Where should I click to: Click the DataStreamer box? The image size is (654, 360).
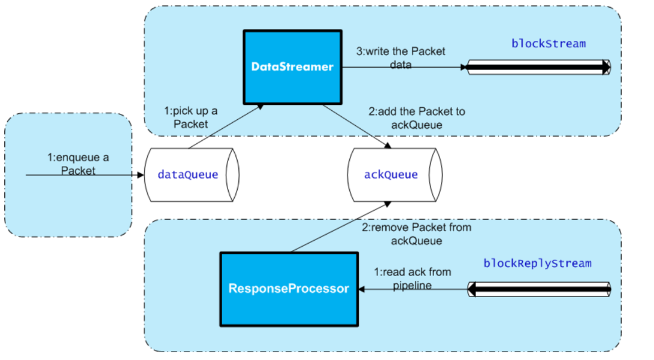coord(293,67)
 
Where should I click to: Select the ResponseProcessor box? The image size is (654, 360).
coord(289,289)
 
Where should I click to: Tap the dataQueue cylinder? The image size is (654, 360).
coord(192,175)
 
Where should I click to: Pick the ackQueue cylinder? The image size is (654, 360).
coord(395,175)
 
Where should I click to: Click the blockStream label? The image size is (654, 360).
coord(549,43)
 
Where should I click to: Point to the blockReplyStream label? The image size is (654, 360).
coord(537,263)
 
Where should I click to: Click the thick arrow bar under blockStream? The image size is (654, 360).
coord(538,67)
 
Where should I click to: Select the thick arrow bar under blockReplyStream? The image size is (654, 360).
coord(539,289)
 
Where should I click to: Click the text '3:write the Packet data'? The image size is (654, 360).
coord(401,58)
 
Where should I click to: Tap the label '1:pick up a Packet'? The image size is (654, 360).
coord(190,117)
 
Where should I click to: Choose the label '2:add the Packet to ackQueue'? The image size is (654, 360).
coord(417,118)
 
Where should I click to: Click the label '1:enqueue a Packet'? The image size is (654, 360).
coord(78,164)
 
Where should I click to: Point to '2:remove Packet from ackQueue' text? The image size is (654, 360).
coord(416,234)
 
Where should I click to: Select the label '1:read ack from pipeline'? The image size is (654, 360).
coord(412,279)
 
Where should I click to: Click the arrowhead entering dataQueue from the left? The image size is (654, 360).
coord(141,175)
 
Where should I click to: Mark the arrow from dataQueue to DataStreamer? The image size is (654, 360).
coord(226,126)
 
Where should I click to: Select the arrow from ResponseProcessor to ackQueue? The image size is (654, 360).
coord(341,227)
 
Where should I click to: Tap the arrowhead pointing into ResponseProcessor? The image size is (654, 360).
coord(362,289)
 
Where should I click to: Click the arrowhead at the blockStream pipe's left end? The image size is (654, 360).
coord(464,67)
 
